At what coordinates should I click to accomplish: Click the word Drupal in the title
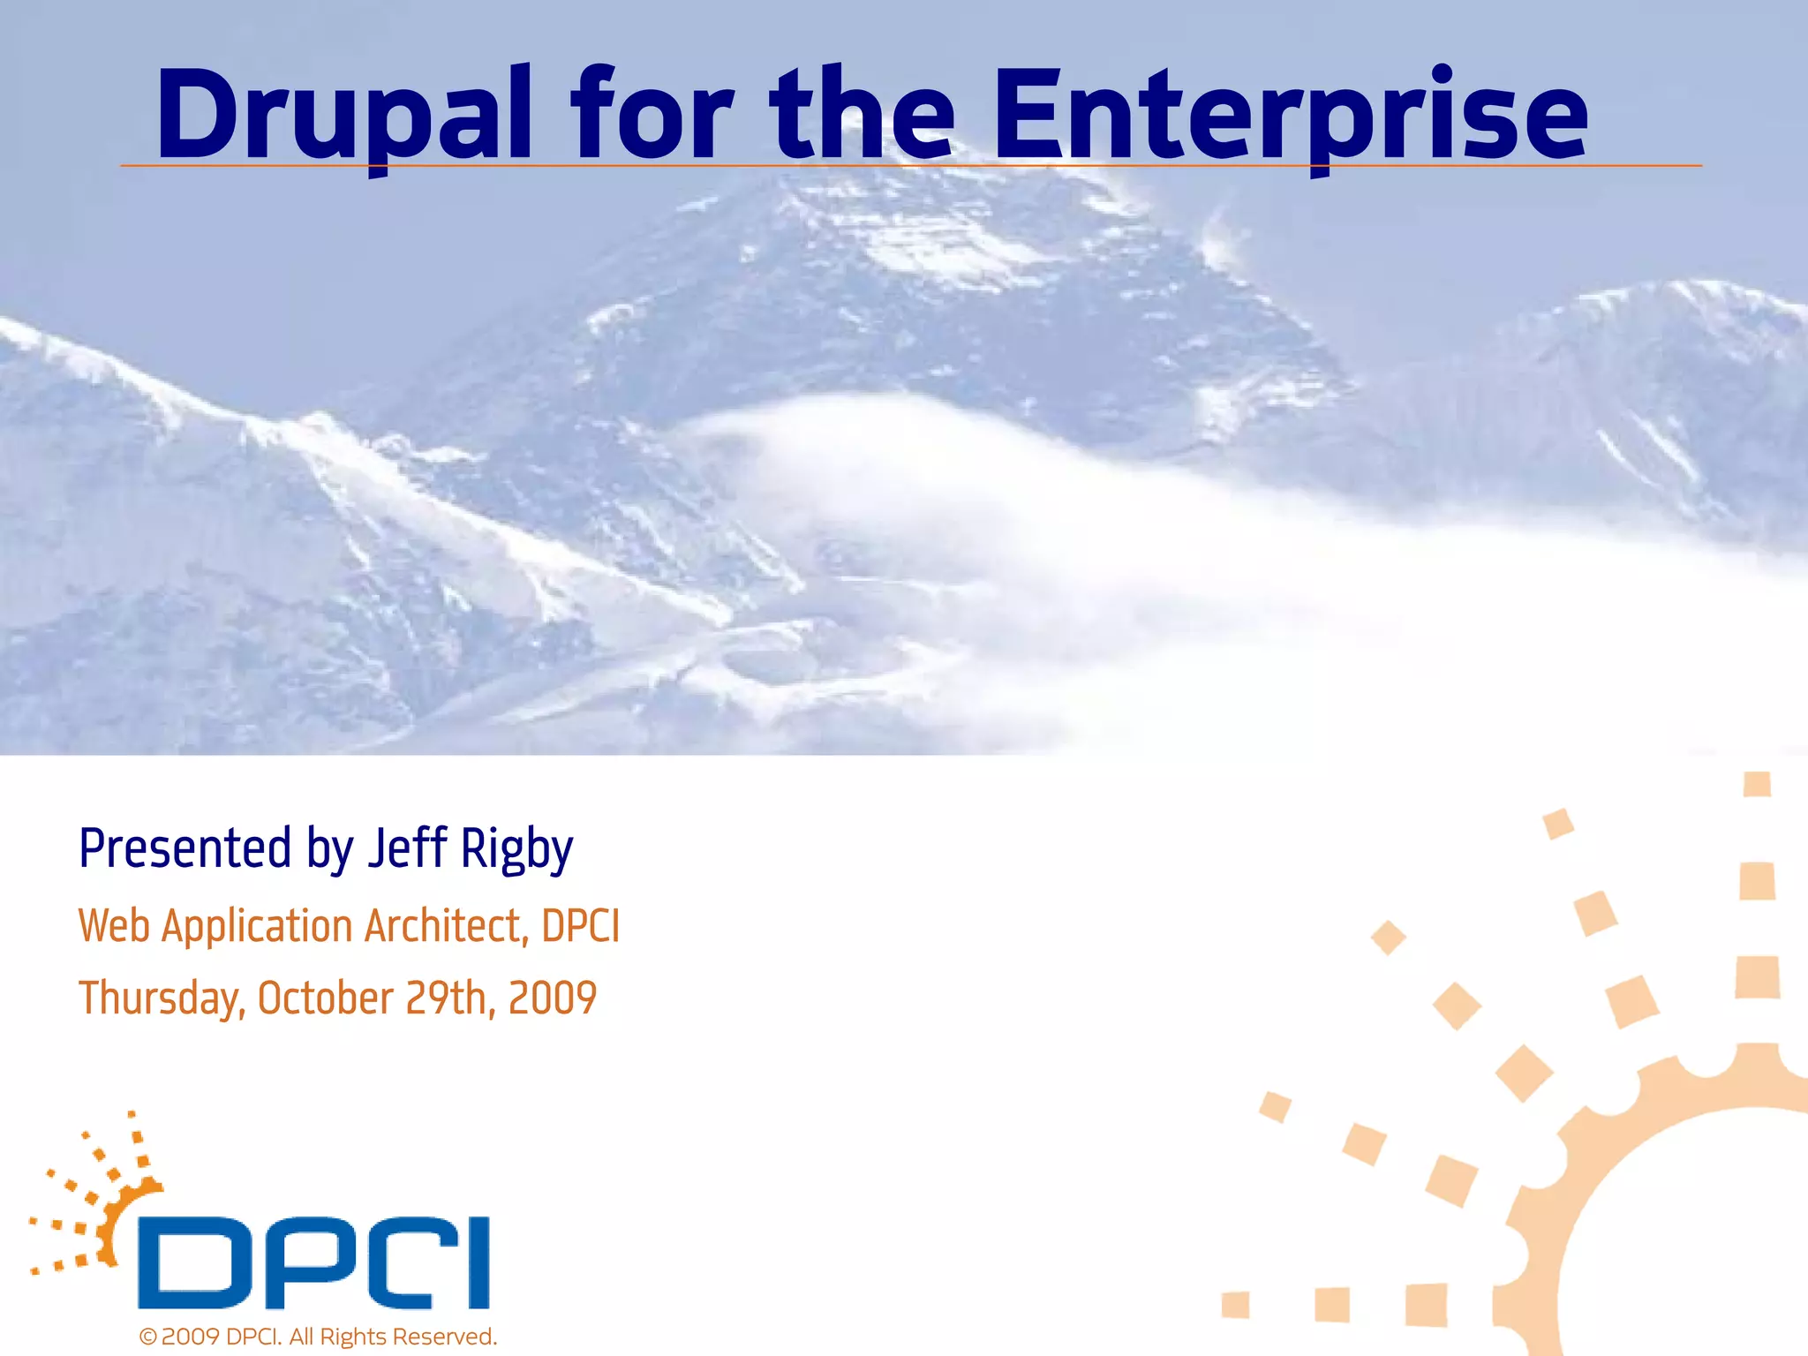click(x=344, y=117)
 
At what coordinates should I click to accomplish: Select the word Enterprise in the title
click(x=1290, y=117)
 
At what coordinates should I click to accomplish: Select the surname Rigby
click(x=516, y=849)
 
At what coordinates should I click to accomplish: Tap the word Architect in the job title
click(x=447, y=926)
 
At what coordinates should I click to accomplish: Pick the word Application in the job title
click(x=258, y=928)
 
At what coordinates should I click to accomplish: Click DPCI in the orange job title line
click(x=580, y=926)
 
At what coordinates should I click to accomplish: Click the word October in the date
click(x=325, y=998)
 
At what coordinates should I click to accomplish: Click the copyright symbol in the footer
click(x=147, y=1337)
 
